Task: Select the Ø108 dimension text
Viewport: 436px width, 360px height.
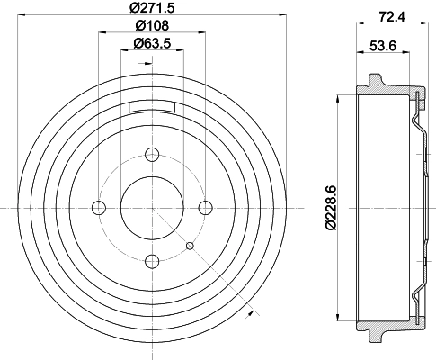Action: point(152,25)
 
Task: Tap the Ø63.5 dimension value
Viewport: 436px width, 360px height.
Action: point(152,43)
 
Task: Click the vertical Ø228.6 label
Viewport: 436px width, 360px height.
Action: point(332,205)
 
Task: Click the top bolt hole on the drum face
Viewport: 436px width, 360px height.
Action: point(152,154)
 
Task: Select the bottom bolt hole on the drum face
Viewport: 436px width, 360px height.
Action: point(152,261)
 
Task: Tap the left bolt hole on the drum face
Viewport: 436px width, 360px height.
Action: point(99,208)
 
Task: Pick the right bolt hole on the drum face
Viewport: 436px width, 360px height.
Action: point(205,208)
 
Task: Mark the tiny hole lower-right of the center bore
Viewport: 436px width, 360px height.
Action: point(190,245)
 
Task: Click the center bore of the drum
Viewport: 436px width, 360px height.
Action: point(152,208)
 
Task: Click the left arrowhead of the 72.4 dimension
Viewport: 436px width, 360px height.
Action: point(359,25)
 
